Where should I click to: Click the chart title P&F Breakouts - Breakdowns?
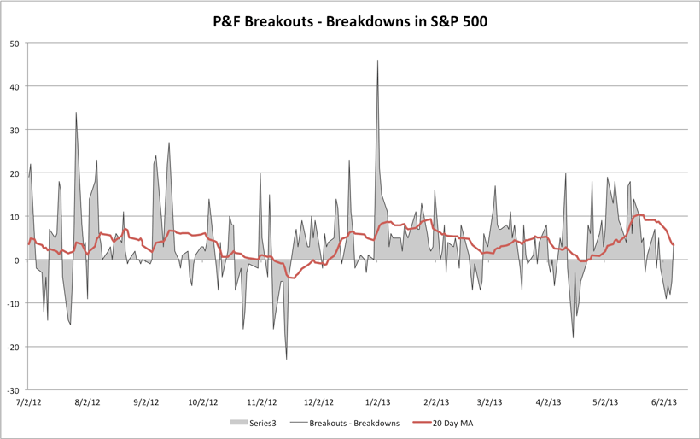(350, 20)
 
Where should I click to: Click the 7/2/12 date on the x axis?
(29, 401)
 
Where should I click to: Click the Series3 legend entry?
(252, 423)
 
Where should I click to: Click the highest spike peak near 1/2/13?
(377, 61)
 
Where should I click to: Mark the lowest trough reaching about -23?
(286, 359)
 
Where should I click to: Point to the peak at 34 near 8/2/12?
(76, 113)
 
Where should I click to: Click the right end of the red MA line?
(674, 245)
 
